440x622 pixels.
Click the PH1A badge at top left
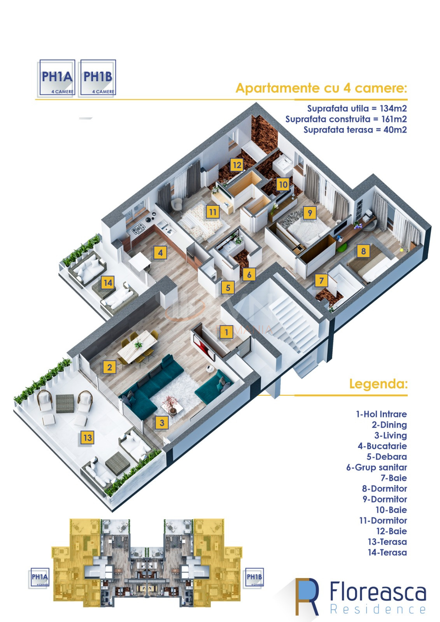[x=57, y=78]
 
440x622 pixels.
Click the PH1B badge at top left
[x=98, y=78]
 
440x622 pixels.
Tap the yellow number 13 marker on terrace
[x=88, y=438]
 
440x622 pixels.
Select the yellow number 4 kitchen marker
[x=160, y=253]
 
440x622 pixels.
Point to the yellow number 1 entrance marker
[x=226, y=332]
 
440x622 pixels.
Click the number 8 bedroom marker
[x=363, y=251]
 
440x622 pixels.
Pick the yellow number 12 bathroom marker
[x=237, y=165]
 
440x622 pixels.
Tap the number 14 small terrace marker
[x=108, y=283]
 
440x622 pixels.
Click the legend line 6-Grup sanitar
[x=376, y=467]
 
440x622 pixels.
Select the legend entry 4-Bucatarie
[x=382, y=446]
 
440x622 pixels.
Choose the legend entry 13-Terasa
[x=387, y=542]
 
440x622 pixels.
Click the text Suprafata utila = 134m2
[x=357, y=108]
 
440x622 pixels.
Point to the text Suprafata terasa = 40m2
[x=355, y=130]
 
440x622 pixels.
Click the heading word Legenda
[x=378, y=384]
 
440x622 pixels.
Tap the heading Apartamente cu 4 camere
[x=321, y=88]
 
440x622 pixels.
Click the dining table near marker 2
[x=137, y=346]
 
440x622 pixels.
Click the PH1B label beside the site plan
[x=254, y=577]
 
